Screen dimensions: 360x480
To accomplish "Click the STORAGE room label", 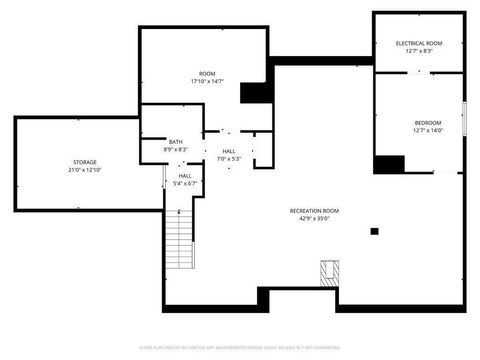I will (84, 162).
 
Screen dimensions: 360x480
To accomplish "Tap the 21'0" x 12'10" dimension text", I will (84, 170).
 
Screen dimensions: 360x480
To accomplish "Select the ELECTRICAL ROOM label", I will (418, 44).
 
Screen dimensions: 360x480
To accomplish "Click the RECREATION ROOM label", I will (315, 211).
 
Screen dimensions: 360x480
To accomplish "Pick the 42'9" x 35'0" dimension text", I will (315, 219).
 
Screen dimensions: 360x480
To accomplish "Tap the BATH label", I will (176, 142).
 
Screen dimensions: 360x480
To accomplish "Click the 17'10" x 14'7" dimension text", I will (207, 82).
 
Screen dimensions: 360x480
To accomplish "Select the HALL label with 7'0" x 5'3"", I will (230, 151).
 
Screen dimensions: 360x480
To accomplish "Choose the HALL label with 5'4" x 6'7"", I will (185, 176).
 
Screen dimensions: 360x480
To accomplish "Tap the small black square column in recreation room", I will (374, 231).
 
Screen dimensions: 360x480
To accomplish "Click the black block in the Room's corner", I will (256, 93).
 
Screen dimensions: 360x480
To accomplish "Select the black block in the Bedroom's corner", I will (388, 165).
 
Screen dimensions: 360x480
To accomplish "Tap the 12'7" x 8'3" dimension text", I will (418, 52).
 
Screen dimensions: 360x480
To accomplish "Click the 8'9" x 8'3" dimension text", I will (176, 150).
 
